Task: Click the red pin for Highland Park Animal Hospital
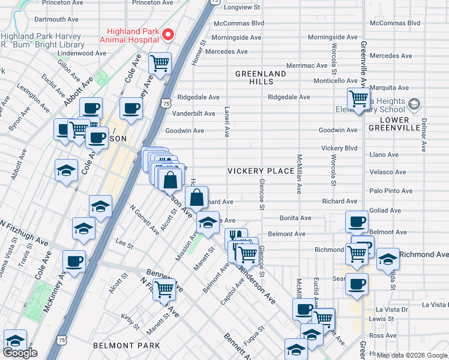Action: coord(168,34)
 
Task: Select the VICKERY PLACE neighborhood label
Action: coord(261,171)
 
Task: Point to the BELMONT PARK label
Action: coord(127,346)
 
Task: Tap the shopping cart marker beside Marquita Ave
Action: coord(358,98)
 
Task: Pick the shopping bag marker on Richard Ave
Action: coord(196,196)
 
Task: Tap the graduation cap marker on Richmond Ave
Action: coord(388,259)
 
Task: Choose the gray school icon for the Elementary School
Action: coord(414,106)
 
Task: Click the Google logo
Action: coord(20,353)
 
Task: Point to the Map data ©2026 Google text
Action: coord(411,355)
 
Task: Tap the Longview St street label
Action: coord(241,8)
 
